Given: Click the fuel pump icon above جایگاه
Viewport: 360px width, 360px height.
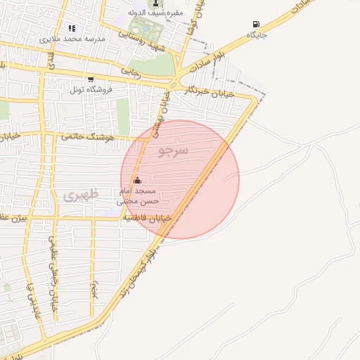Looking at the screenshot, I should [255, 24].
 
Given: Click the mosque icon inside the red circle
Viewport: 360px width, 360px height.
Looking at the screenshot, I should [136, 180].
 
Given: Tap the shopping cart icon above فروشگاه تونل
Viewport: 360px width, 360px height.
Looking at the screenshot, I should [90, 79].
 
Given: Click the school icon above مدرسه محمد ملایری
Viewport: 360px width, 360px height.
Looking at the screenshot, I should [71, 28].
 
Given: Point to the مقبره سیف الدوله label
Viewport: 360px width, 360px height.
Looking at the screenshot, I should [156, 13].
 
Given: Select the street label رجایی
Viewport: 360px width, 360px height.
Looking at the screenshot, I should [131, 71].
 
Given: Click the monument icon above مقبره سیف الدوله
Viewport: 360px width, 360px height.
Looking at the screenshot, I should [156, 3].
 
